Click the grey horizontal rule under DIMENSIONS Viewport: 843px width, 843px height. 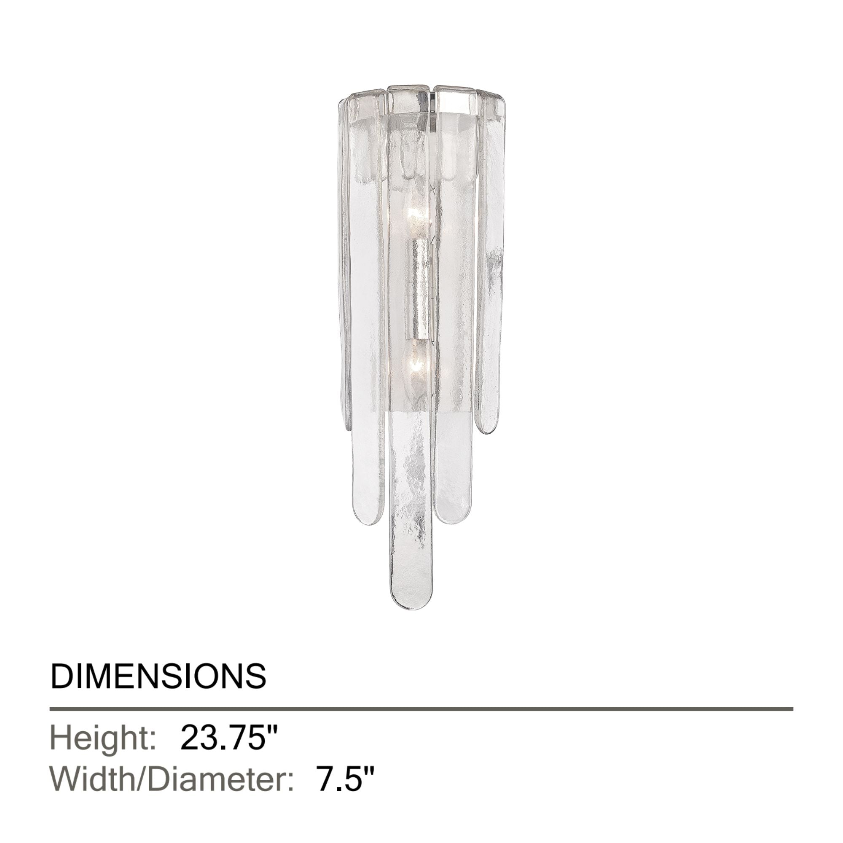(421, 709)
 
